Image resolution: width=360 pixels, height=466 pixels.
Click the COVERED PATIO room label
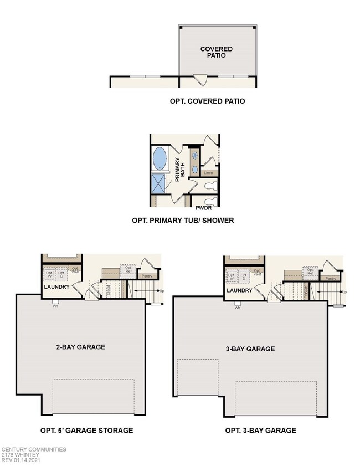[x=216, y=53]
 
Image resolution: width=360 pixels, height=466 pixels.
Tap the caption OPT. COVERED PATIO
[x=207, y=102]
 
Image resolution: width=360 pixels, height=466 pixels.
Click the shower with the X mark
[x=160, y=183]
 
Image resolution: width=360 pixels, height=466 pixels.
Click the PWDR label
[x=203, y=209]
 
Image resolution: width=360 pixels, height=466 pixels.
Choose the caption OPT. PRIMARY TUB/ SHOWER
[x=183, y=221]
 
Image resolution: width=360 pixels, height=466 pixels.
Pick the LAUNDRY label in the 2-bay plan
[x=56, y=288]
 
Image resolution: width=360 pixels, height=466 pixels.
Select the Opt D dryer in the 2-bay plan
[x=61, y=274]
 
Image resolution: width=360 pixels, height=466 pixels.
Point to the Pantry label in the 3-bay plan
[x=330, y=278]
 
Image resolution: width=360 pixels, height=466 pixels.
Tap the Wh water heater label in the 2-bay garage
[x=55, y=305]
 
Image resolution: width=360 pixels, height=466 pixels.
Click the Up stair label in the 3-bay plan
[x=344, y=292]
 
